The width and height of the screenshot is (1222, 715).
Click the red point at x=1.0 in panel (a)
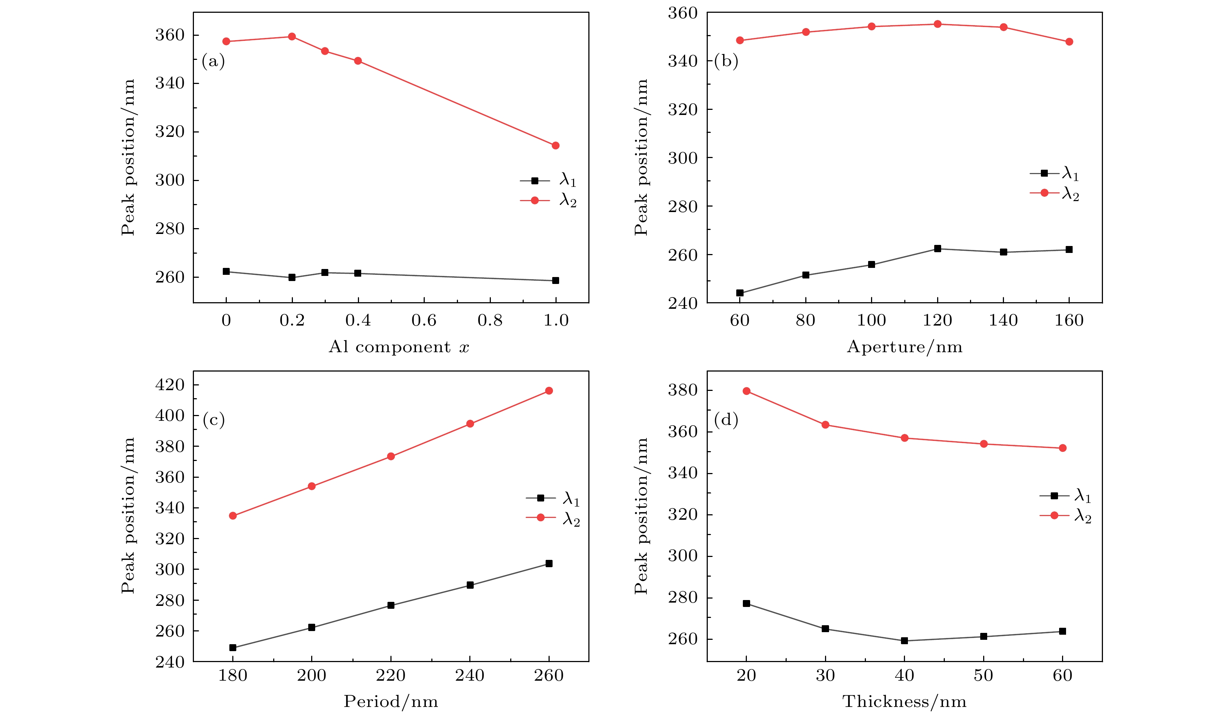coord(556,145)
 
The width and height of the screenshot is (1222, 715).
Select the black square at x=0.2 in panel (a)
coord(292,277)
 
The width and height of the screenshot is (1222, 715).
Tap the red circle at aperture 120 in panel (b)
coord(937,24)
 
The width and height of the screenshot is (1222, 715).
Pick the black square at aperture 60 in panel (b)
coord(740,293)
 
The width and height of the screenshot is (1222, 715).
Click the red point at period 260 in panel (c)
coord(549,391)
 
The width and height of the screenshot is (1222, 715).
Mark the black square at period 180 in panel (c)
coord(233,647)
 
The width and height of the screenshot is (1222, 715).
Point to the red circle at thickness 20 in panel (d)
coord(746,391)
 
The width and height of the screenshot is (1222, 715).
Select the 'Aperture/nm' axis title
coord(904,347)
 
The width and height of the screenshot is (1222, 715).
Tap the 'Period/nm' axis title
coord(391,701)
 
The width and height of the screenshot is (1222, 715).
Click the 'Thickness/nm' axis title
coord(904,701)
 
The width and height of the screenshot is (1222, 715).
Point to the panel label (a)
coord(213,62)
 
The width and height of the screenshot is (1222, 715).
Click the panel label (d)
coord(726,419)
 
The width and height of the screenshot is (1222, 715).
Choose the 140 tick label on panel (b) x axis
coord(1003,320)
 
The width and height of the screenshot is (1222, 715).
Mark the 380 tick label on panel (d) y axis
coord(683,390)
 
